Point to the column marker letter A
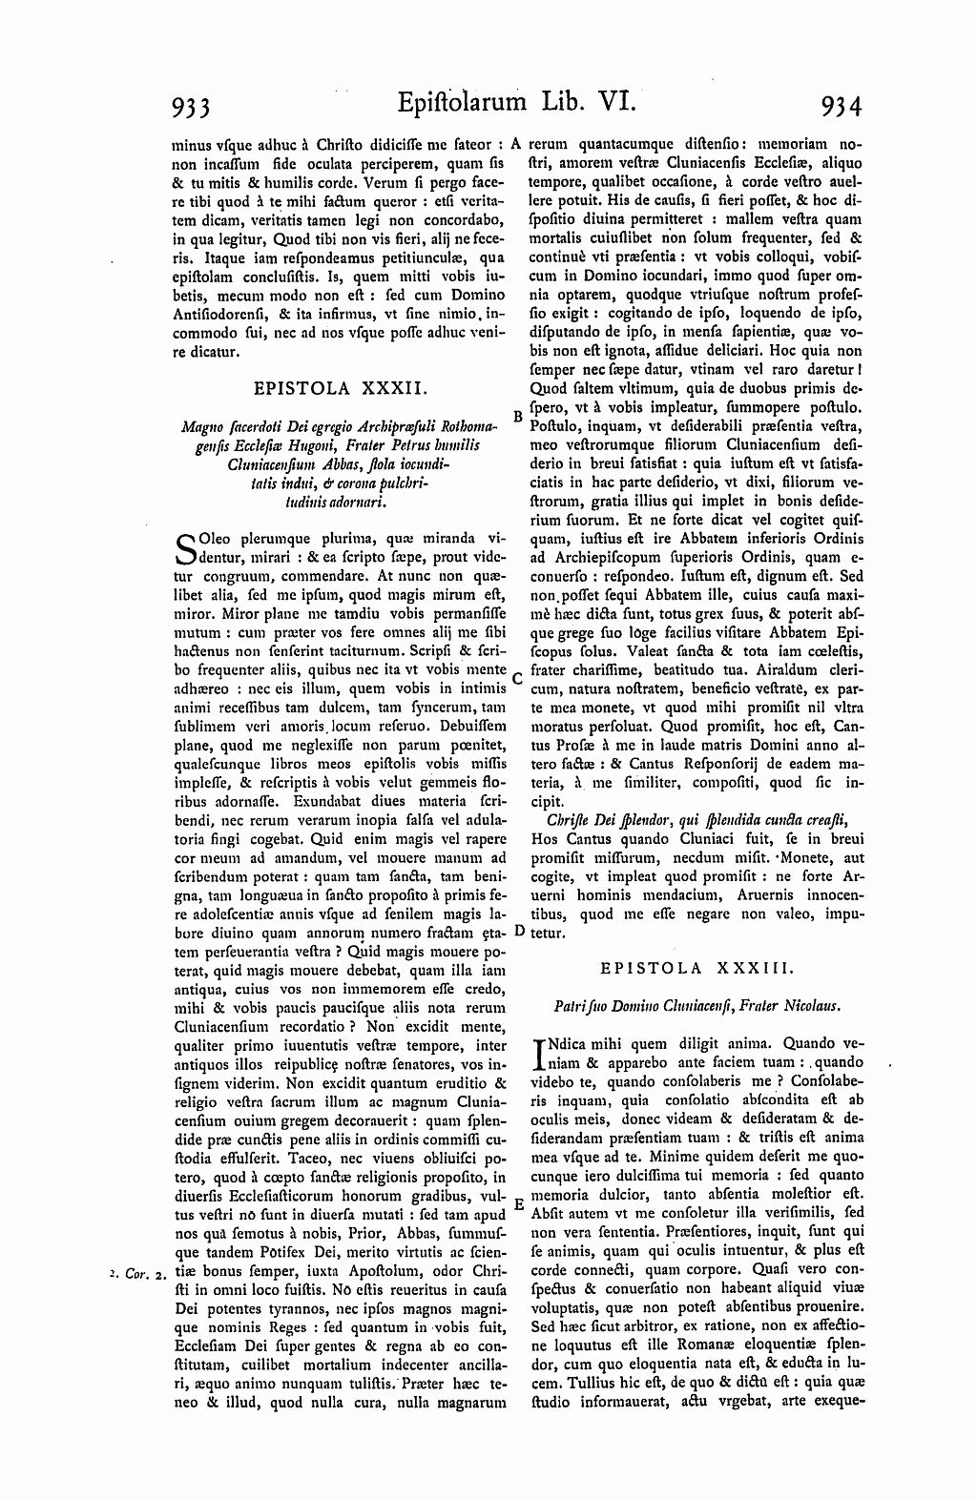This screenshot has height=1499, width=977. pos(514,145)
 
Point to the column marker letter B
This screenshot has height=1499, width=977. pos(516,416)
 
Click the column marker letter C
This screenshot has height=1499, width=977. pos(516,679)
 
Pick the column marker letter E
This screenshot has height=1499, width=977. pos(518,1203)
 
